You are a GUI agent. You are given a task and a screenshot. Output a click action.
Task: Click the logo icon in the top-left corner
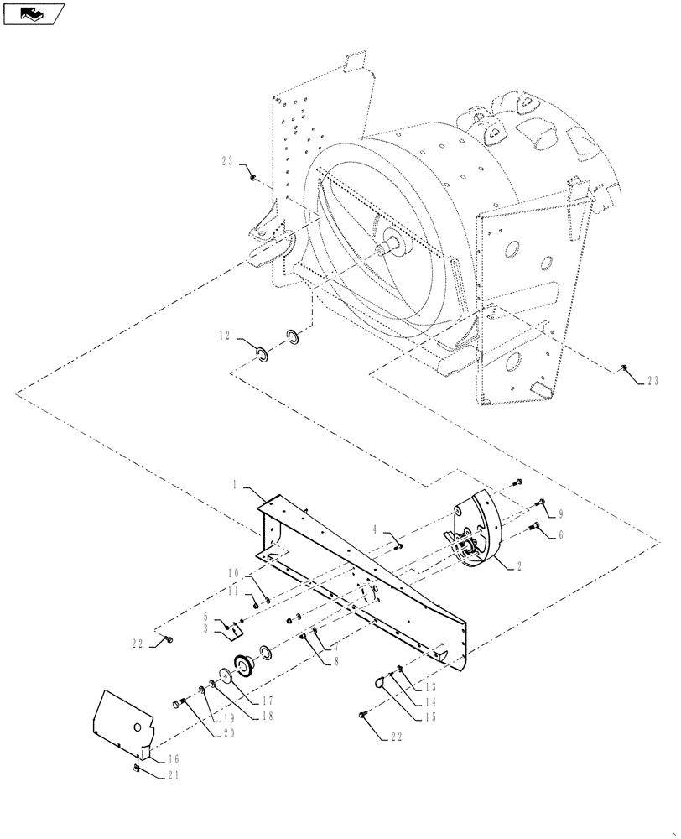[x=34, y=13]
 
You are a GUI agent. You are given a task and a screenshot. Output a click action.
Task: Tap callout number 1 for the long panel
[x=236, y=485]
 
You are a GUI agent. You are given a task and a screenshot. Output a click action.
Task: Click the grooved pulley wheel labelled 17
[x=245, y=665]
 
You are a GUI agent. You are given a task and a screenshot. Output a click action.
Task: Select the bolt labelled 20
[x=178, y=702]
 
